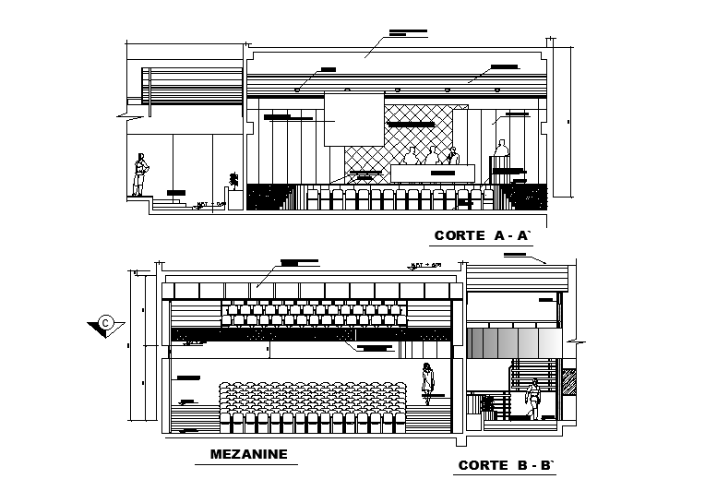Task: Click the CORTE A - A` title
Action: coord(483,236)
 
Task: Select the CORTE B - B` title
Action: coord(507,465)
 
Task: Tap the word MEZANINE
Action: coord(249,453)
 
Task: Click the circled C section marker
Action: coord(106,322)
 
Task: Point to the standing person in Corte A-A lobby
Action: coord(140,174)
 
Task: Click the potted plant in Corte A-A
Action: coord(233,179)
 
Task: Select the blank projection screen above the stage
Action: coord(354,118)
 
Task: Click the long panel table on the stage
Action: coord(432,174)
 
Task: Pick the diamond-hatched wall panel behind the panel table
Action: coord(420,138)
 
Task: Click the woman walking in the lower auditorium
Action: coord(427,383)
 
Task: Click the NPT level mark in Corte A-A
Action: coord(211,203)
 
